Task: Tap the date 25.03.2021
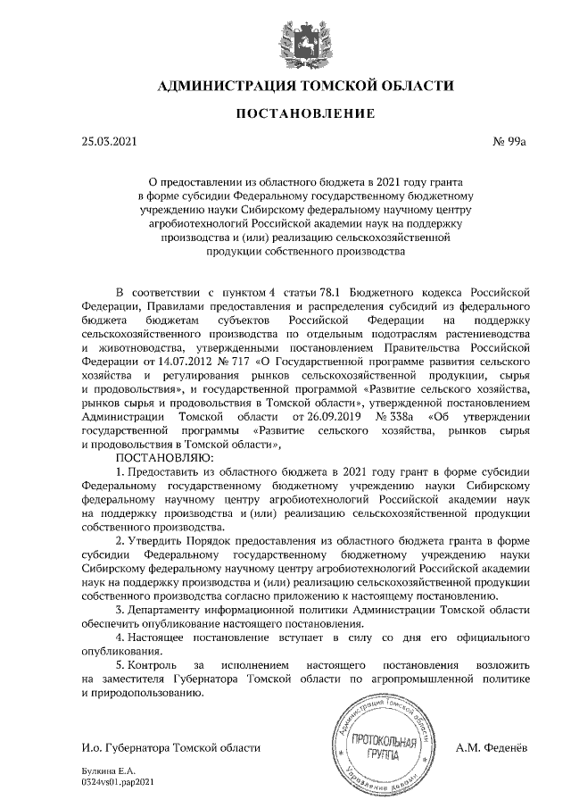point(110,141)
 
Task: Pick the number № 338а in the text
point(394,416)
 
